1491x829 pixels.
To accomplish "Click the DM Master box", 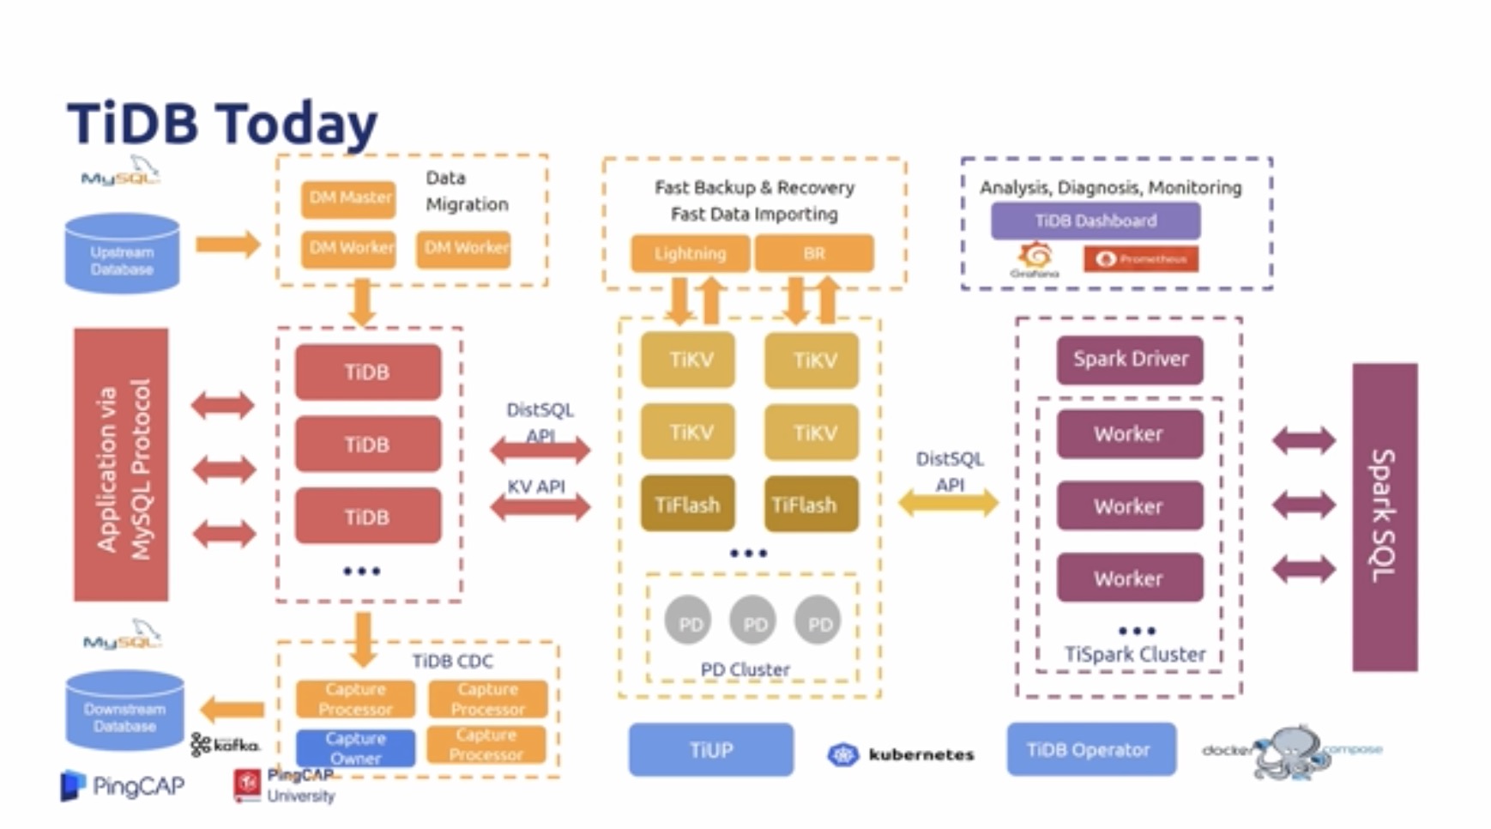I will [348, 198].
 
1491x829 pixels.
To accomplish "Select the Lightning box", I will [690, 253].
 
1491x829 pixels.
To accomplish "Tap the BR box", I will [813, 253].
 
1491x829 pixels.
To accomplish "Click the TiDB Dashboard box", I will [1095, 221].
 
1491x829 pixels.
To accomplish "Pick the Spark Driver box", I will [1130, 359].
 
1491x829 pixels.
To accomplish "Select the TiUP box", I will [710, 750].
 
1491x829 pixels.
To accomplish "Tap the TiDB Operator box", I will [1090, 750].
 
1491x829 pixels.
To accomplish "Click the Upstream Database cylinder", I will [123, 254].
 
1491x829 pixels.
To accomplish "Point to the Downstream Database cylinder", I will [124, 711].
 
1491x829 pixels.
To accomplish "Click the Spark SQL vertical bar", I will [1384, 517].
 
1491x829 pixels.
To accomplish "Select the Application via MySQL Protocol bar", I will [121, 464].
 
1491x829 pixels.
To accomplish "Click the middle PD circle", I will [754, 621].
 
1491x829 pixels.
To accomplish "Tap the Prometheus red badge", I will [1140, 259].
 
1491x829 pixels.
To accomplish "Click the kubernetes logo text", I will [921, 755].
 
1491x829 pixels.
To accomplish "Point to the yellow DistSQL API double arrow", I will [948, 503].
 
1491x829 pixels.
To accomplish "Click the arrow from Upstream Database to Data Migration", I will [227, 245].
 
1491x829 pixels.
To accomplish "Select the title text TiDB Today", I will [222, 123].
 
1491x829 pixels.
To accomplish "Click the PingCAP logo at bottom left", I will [123, 786].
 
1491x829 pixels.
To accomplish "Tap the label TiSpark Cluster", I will [1134, 655].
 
